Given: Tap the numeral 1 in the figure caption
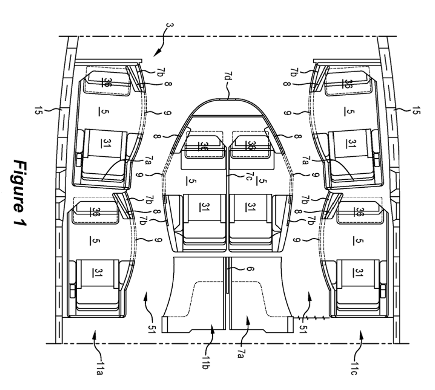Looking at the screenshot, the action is coord(21,220).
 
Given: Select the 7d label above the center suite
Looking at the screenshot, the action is coord(227,76).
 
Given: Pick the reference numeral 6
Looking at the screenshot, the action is coord(249,269).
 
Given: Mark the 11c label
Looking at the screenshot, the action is coord(354,368).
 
